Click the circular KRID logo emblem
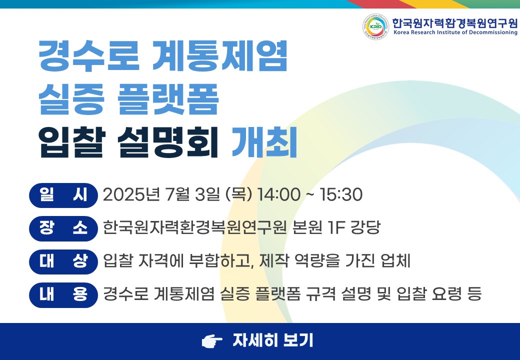click(x=375, y=26)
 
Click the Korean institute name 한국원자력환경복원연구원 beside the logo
click(x=454, y=23)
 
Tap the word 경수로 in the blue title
click(x=89, y=55)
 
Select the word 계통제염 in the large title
click(x=219, y=55)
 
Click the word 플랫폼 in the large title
click(x=168, y=99)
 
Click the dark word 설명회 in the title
click(x=168, y=142)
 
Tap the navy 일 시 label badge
click(x=63, y=195)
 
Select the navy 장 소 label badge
click(x=63, y=228)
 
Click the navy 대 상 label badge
click(x=63, y=261)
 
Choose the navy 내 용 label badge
click(x=63, y=294)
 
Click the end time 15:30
click(x=340, y=194)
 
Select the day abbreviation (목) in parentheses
click(x=238, y=194)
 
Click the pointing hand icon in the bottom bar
click(x=212, y=341)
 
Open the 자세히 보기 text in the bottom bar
click(x=272, y=340)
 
